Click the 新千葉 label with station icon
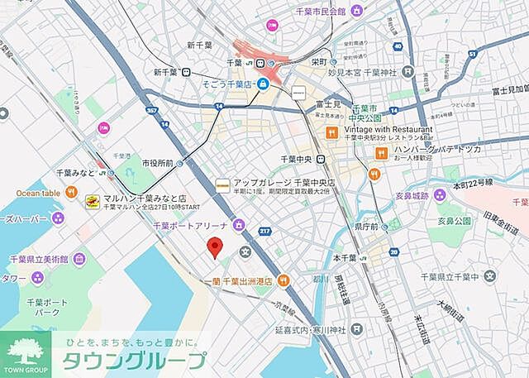[x=166, y=73]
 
